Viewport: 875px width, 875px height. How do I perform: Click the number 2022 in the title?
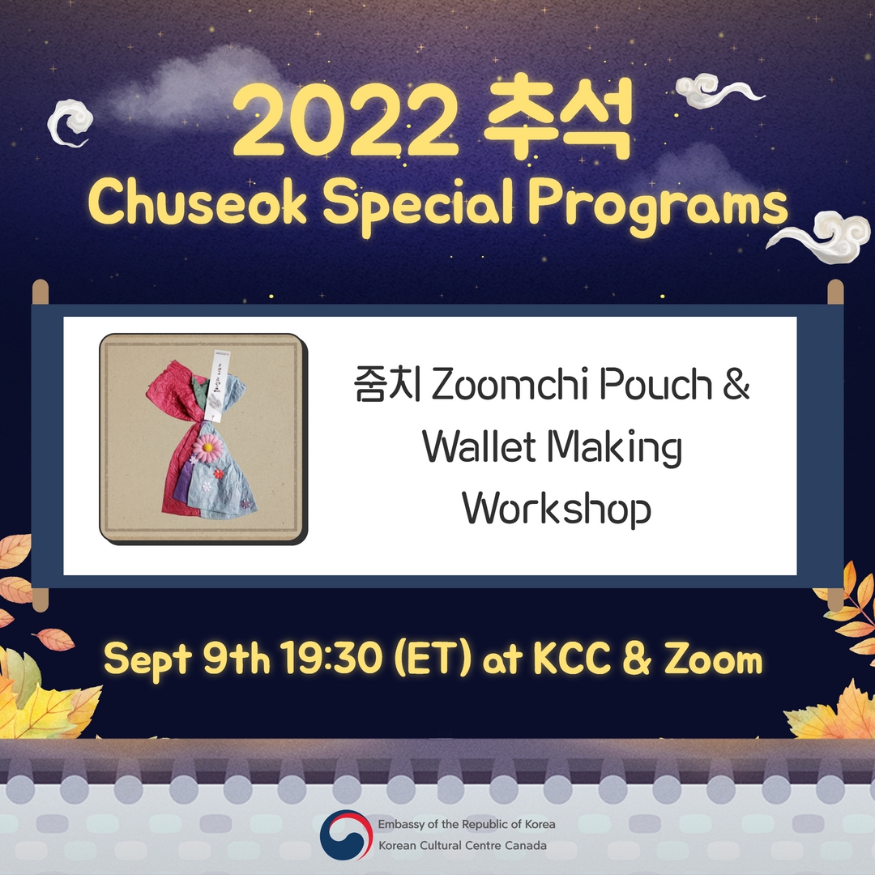345,121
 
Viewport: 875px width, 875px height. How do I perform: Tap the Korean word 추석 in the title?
557,117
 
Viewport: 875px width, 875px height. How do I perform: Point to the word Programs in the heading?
658,207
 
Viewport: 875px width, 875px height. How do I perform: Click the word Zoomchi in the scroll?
510,384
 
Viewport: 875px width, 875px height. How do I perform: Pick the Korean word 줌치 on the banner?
387,384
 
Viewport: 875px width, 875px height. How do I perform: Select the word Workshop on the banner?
557,509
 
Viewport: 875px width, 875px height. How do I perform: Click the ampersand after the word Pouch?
736,384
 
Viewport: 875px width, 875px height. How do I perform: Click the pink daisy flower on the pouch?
208,447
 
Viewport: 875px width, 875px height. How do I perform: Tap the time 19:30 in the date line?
332,659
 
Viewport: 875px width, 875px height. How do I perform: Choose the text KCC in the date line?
572,659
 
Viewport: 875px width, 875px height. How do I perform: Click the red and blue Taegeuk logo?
346,834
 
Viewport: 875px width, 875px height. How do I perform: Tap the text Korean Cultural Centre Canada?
463,845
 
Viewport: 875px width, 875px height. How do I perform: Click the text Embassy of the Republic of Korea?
467,824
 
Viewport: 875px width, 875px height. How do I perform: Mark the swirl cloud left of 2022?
69,124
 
